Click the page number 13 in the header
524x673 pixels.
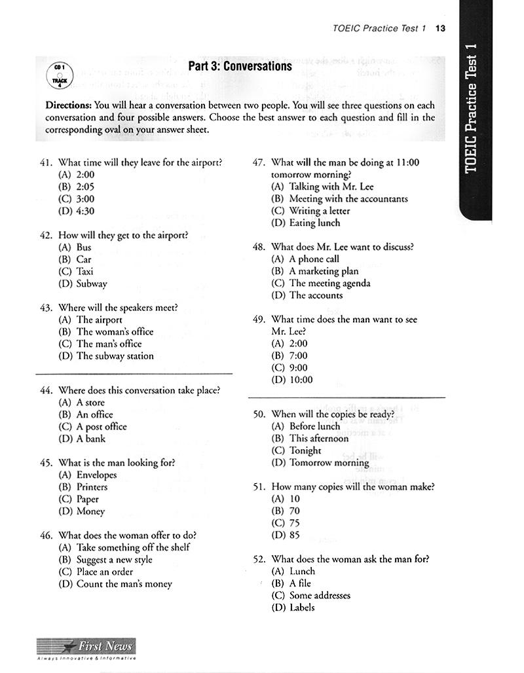pyautogui.click(x=440, y=28)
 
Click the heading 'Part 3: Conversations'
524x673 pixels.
pyautogui.click(x=240, y=66)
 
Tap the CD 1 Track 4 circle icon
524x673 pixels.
pyautogui.click(x=57, y=75)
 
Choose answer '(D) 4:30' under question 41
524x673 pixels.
pyautogui.click(x=77, y=211)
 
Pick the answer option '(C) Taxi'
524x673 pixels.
pyautogui.click(x=76, y=272)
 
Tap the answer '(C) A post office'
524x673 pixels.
pyautogui.click(x=92, y=427)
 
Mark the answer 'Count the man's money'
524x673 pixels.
pyautogui.click(x=124, y=584)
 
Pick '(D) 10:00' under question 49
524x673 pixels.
pyautogui.click(x=292, y=380)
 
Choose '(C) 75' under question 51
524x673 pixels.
pyautogui.click(x=285, y=523)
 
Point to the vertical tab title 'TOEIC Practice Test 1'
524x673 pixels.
pyautogui.click(x=473, y=109)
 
